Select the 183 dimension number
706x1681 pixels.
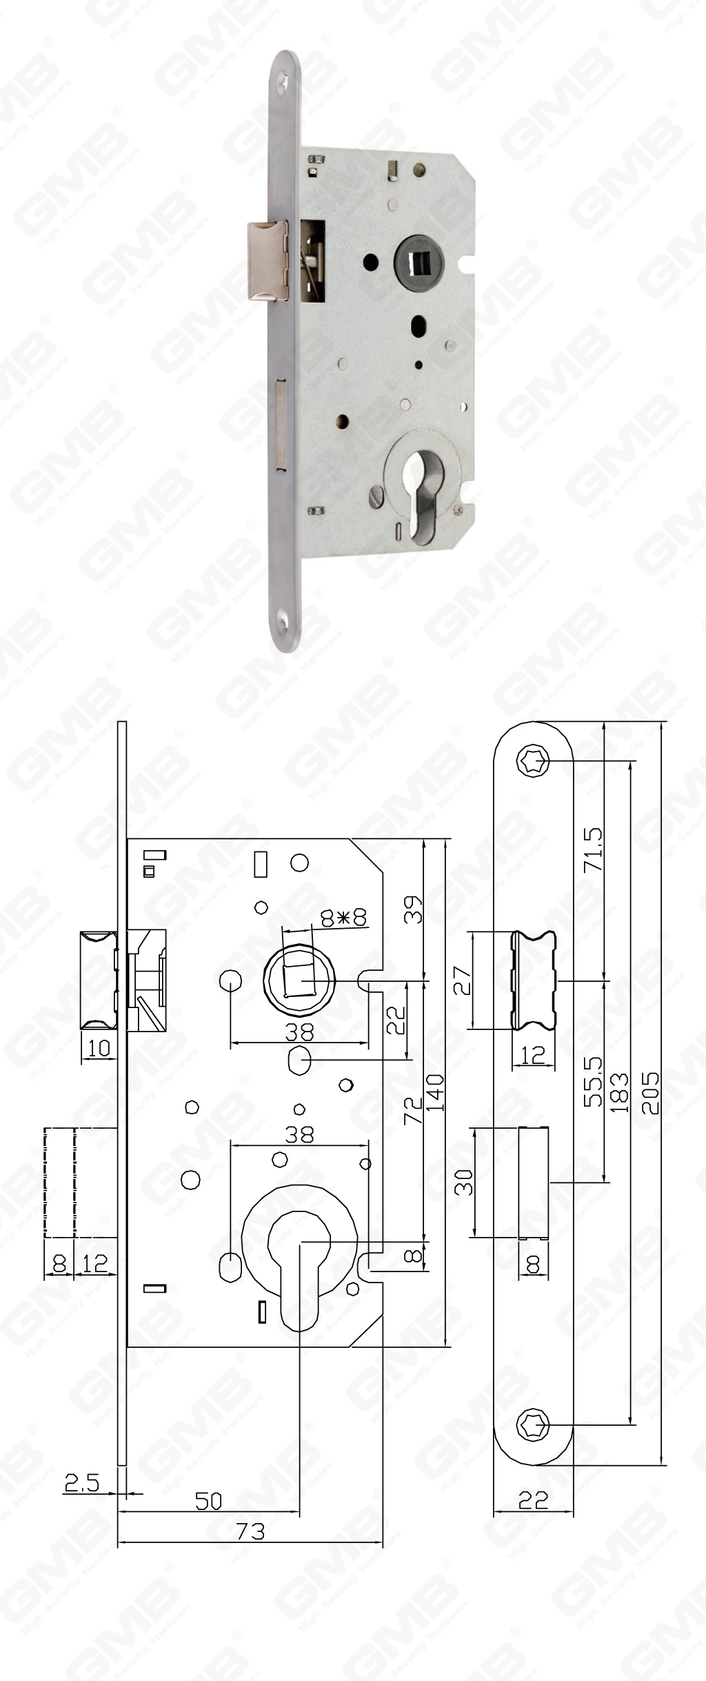coord(618,1092)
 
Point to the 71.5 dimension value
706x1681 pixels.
coord(593,849)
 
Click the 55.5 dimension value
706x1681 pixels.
coord(593,1082)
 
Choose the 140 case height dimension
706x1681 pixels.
coord(435,1093)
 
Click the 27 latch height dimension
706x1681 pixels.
coord(462,981)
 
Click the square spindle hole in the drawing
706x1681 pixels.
coord(299,980)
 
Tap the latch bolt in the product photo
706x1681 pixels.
coord(265,262)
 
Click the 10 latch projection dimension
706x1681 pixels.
coord(99,1048)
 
